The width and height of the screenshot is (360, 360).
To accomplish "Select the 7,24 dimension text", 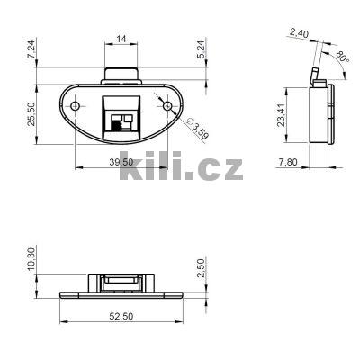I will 31,51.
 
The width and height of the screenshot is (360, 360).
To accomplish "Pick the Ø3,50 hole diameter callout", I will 198,130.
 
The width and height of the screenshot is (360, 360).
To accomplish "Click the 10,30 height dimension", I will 31,260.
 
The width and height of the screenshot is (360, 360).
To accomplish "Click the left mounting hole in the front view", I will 74,107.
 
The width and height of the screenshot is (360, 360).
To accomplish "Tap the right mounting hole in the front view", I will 166,107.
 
